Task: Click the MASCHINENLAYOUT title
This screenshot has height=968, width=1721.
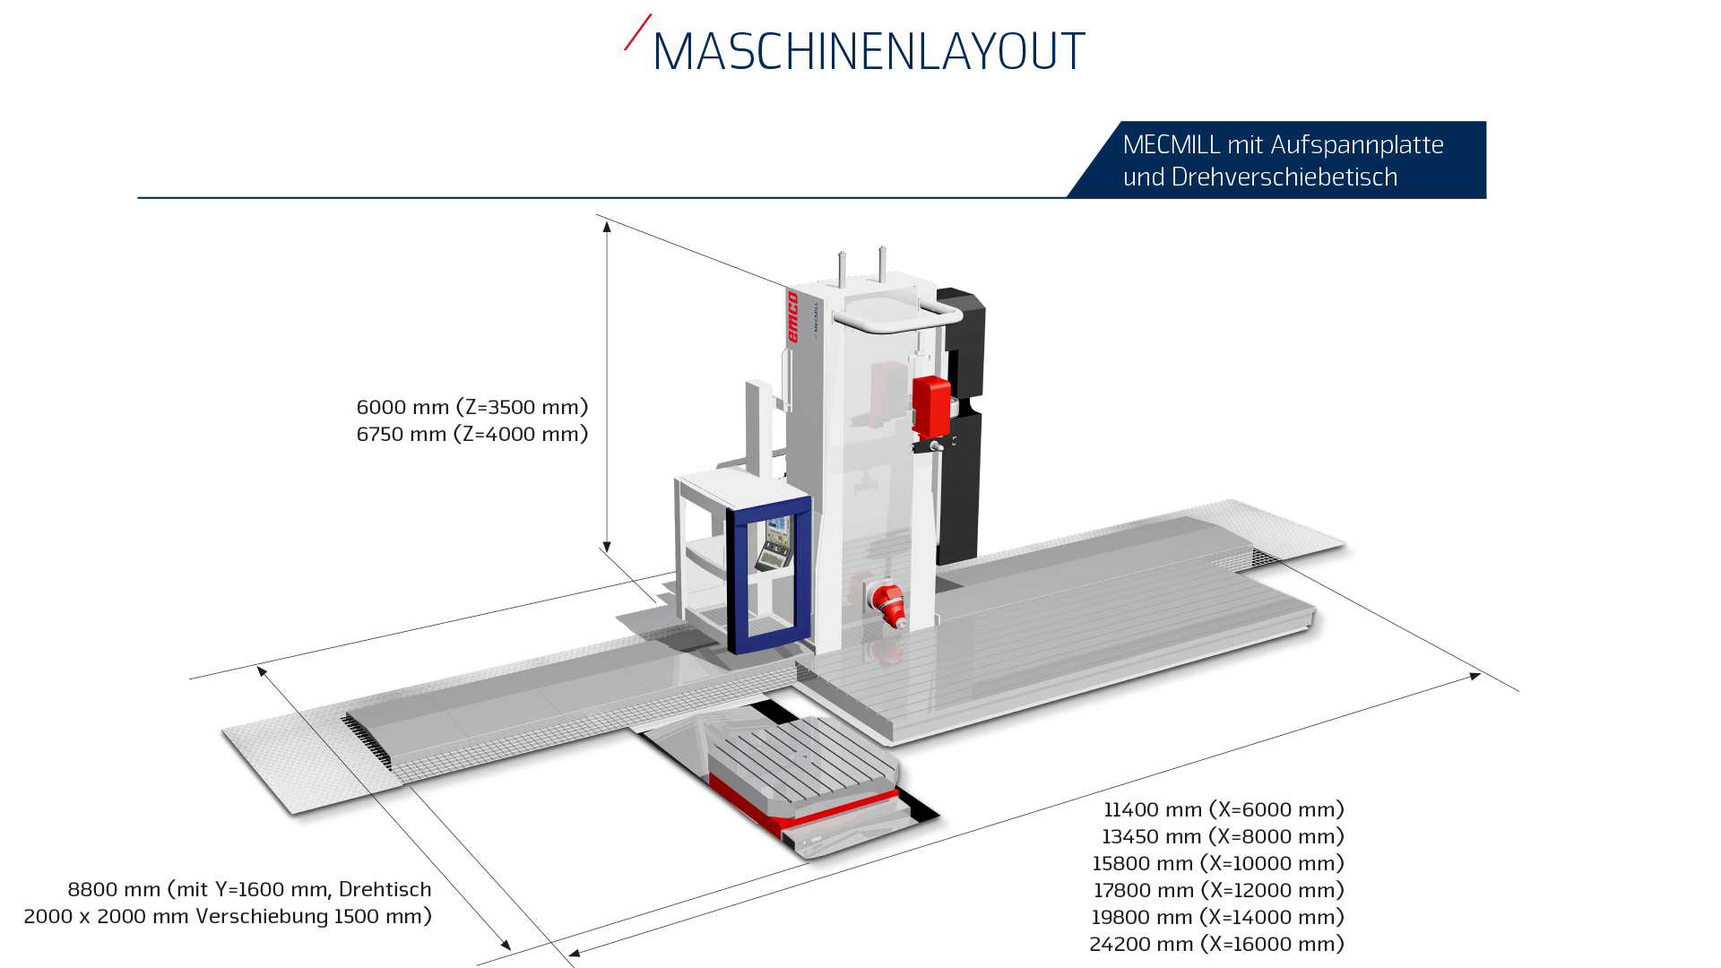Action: point(869,51)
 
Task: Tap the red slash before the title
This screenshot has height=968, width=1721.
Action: point(637,32)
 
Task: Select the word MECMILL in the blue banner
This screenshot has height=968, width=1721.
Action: point(1172,144)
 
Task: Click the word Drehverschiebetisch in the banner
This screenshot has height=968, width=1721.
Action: point(1284,177)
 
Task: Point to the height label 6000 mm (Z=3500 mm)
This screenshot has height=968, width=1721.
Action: point(472,407)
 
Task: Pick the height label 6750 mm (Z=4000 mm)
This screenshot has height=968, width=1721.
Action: point(472,434)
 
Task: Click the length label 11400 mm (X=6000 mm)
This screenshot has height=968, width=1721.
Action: point(1224,809)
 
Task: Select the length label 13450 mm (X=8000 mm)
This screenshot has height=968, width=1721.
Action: point(1223,836)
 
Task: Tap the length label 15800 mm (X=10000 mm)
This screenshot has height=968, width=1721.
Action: point(1218,863)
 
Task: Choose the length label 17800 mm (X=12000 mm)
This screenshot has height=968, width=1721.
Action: point(1219,890)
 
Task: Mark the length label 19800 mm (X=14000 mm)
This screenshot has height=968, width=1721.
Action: point(1217,917)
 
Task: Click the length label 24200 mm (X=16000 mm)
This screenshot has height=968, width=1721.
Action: point(1216,944)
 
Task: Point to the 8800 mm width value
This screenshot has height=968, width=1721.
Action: point(101,889)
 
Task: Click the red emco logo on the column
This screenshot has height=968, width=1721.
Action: point(792,316)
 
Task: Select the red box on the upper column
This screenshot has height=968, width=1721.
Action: point(931,406)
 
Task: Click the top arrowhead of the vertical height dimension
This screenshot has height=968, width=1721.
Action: point(607,227)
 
